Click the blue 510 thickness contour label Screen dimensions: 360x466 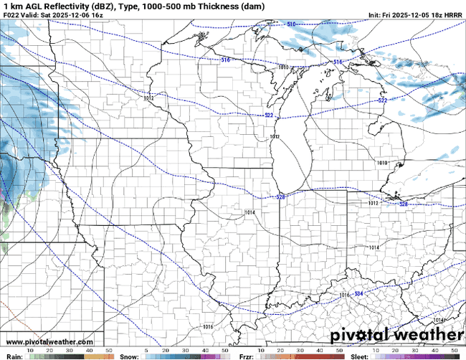291,24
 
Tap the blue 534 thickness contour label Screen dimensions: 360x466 358,294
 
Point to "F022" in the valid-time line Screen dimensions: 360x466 11,14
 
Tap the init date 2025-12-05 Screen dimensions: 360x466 412,14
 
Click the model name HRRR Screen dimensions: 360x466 454,14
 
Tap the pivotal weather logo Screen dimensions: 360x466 396,335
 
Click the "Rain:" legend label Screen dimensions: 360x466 14,356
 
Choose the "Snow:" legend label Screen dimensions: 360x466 130,356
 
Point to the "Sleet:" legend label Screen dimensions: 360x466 361,356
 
